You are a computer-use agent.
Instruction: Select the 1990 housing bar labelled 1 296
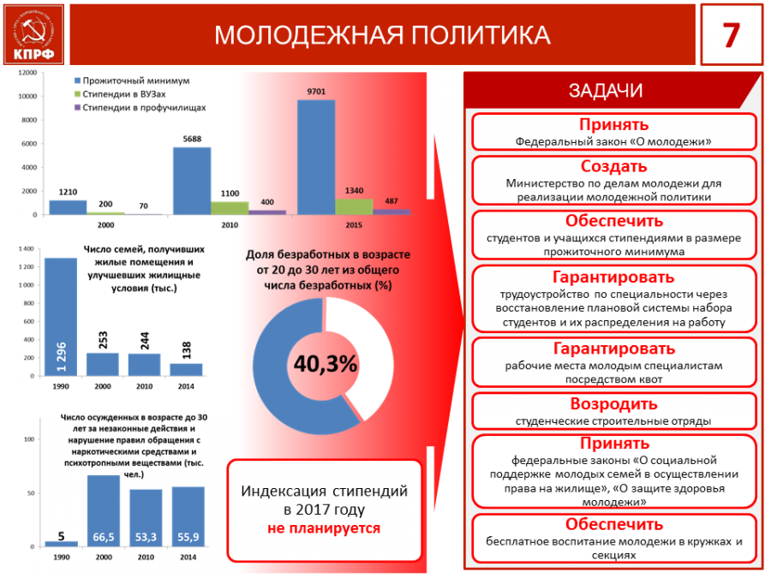tap(60, 317)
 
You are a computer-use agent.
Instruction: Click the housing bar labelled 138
tap(186, 370)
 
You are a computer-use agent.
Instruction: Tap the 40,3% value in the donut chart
tap(326, 364)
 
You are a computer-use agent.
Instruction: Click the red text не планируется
tap(324, 527)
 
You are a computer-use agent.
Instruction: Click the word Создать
tap(613, 166)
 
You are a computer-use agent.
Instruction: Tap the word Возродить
tap(613, 403)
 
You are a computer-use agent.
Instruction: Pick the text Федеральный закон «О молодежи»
tap(613, 140)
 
